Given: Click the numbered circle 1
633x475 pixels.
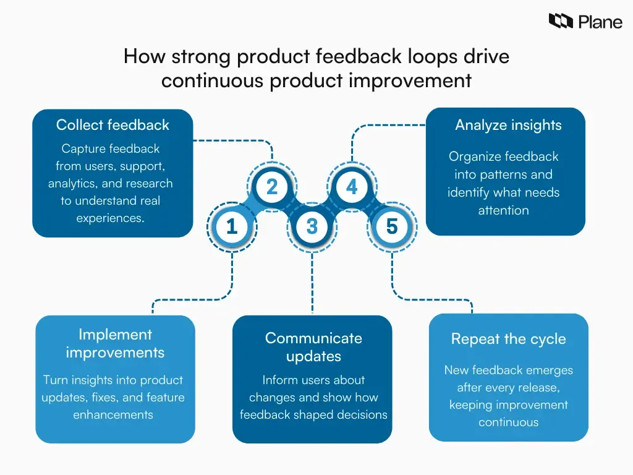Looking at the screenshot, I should [232, 227].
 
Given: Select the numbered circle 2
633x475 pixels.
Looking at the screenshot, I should [272, 187].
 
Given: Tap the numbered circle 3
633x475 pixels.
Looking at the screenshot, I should [312, 227].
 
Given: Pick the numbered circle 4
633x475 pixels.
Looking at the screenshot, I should [352, 187].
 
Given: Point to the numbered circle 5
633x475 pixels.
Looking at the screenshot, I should [392, 227].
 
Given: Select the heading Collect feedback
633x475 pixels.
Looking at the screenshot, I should [113, 125].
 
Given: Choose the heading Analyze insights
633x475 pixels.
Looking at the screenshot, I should [508, 125].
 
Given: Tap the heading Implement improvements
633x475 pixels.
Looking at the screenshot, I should [115, 343].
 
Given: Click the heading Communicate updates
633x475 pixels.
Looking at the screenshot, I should [313, 347].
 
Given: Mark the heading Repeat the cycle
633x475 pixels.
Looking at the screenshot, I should [508, 339].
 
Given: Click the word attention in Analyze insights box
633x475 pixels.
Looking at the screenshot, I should [503, 210].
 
